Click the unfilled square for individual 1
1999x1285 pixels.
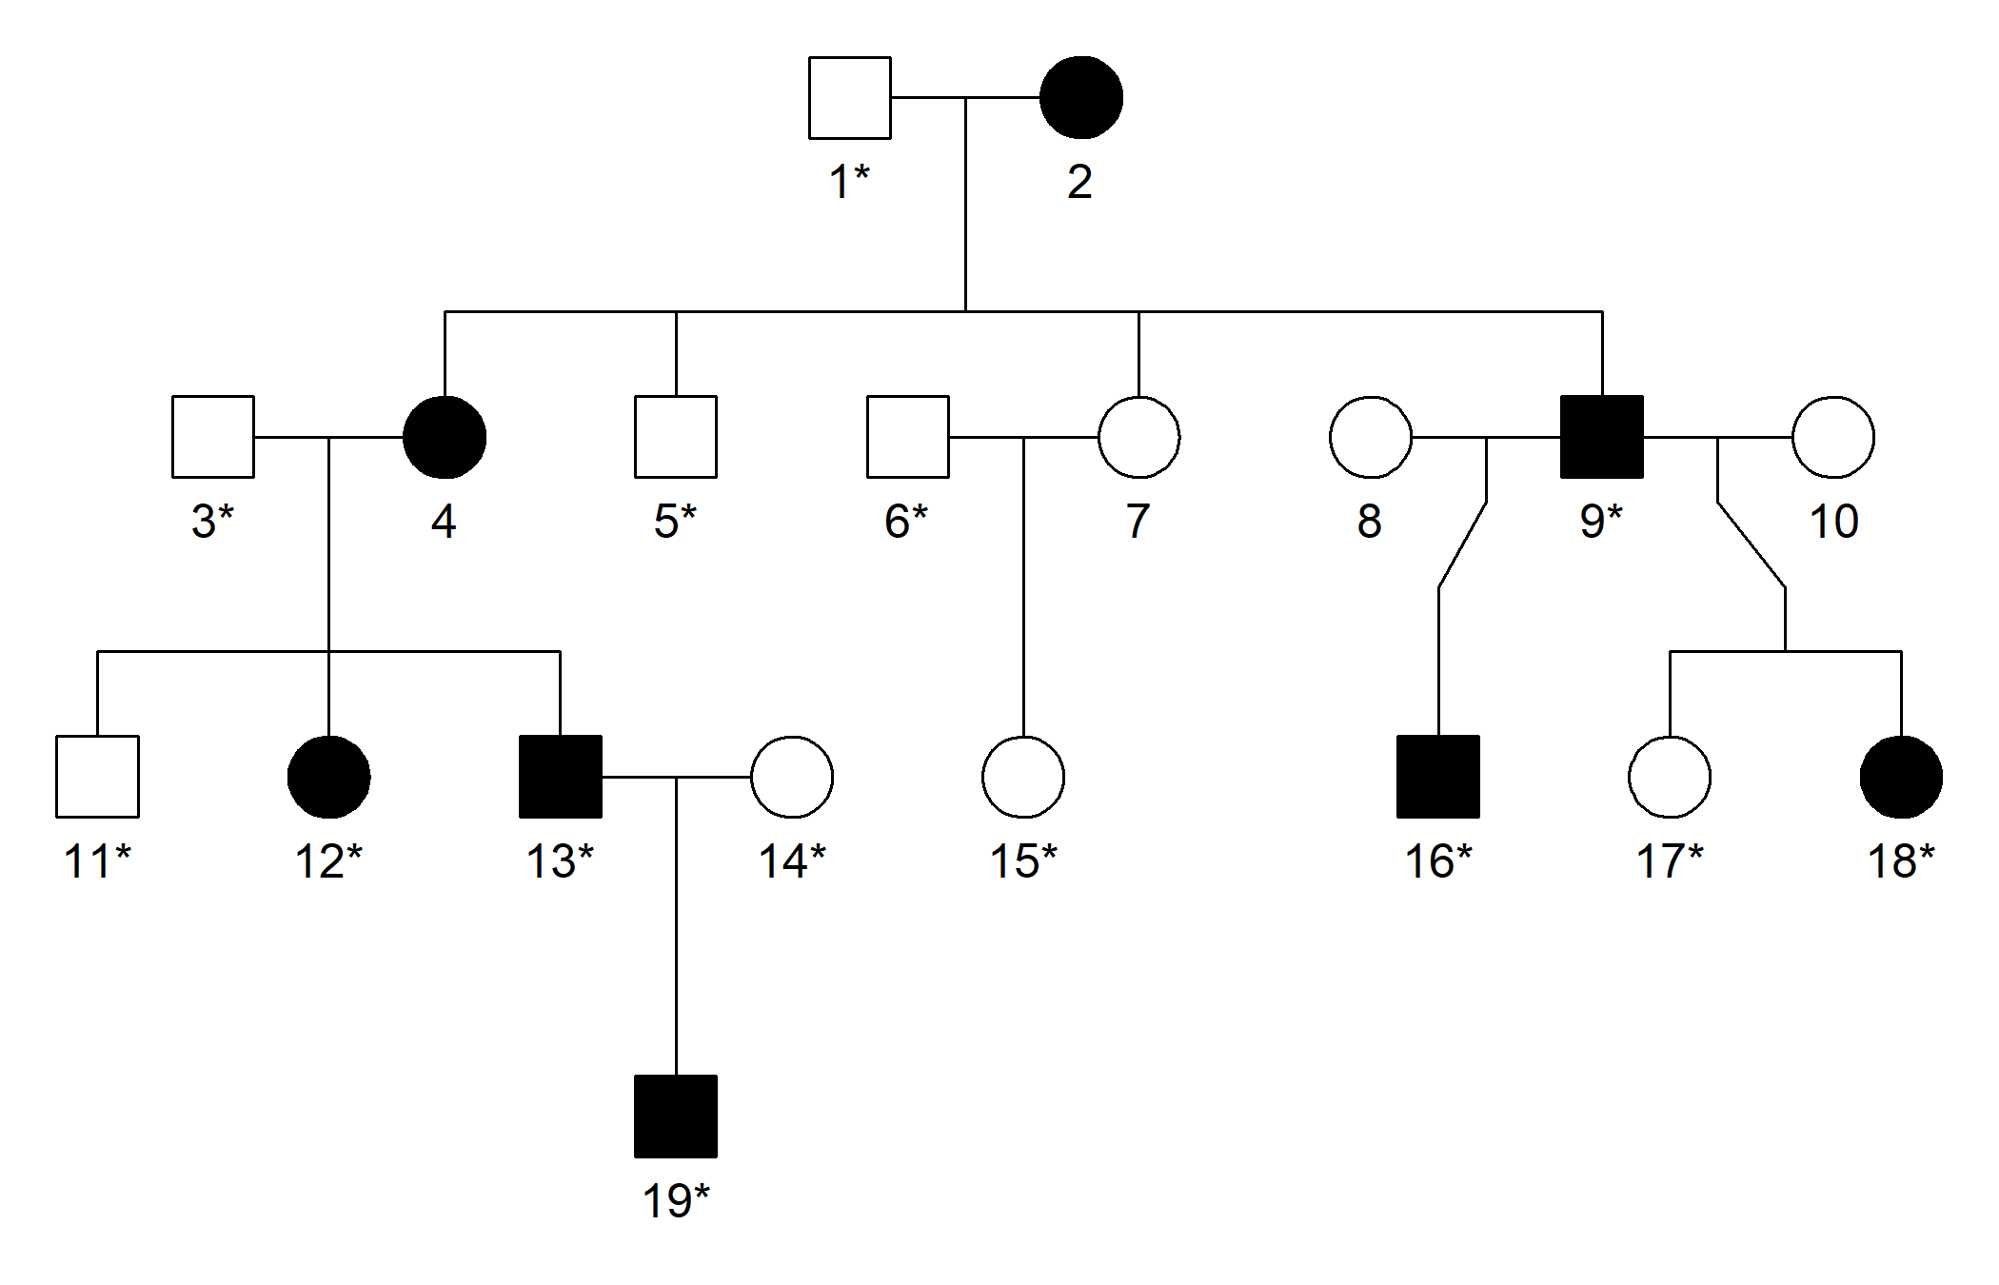[x=849, y=98]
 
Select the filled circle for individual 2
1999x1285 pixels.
[x=1080, y=98]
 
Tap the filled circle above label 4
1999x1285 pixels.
[x=445, y=437]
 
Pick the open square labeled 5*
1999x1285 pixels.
[x=676, y=437]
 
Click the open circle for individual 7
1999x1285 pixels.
[x=1138, y=437]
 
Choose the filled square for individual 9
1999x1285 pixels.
[x=1602, y=437]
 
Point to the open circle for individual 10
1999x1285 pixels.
[x=1832, y=437]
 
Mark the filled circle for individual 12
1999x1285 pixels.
[x=328, y=777]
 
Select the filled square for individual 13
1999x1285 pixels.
[x=560, y=777]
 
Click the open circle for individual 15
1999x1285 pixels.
[x=1023, y=777]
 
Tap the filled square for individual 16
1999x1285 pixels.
[x=1438, y=777]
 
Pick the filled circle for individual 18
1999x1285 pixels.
[x=1901, y=777]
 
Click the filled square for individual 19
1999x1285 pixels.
[x=676, y=1117]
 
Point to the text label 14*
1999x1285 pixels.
[x=792, y=861]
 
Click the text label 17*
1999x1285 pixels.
[x=1670, y=861]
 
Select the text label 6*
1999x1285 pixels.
[x=906, y=522]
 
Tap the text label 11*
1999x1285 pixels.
[x=97, y=861]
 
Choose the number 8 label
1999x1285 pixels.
[x=1370, y=522]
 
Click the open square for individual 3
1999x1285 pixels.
[x=213, y=437]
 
